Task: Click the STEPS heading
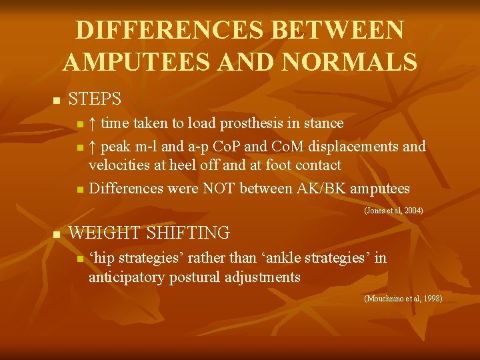95,99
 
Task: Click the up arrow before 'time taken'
93,123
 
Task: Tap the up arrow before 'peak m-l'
93,145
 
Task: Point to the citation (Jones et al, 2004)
393,211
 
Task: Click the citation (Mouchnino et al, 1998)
403,299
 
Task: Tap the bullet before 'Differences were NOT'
79,190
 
